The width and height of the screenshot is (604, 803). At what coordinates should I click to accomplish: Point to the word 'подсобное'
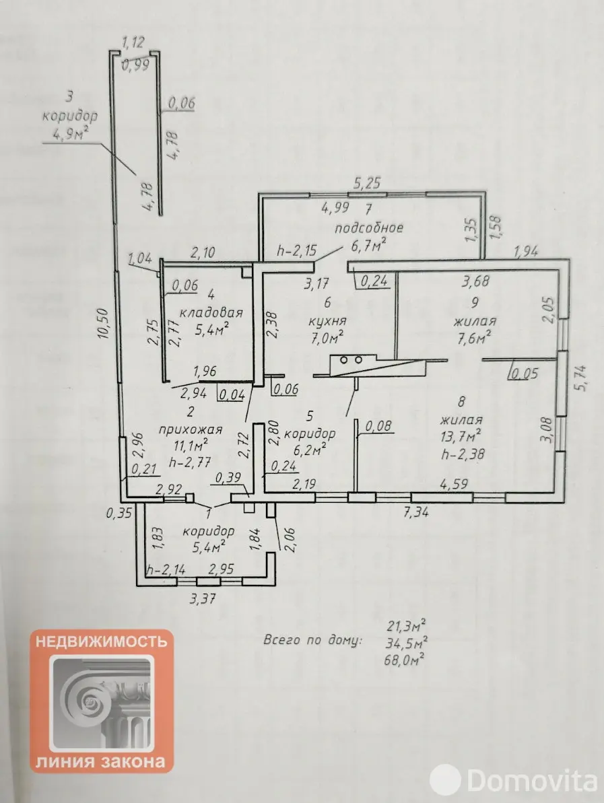pyautogui.click(x=368, y=227)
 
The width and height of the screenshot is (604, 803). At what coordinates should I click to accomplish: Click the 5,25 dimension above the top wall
pyautogui.click(x=368, y=182)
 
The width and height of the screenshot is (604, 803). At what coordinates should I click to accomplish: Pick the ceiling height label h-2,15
pyautogui.click(x=296, y=252)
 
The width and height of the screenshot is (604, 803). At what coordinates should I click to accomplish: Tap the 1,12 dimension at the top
pyautogui.click(x=133, y=44)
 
